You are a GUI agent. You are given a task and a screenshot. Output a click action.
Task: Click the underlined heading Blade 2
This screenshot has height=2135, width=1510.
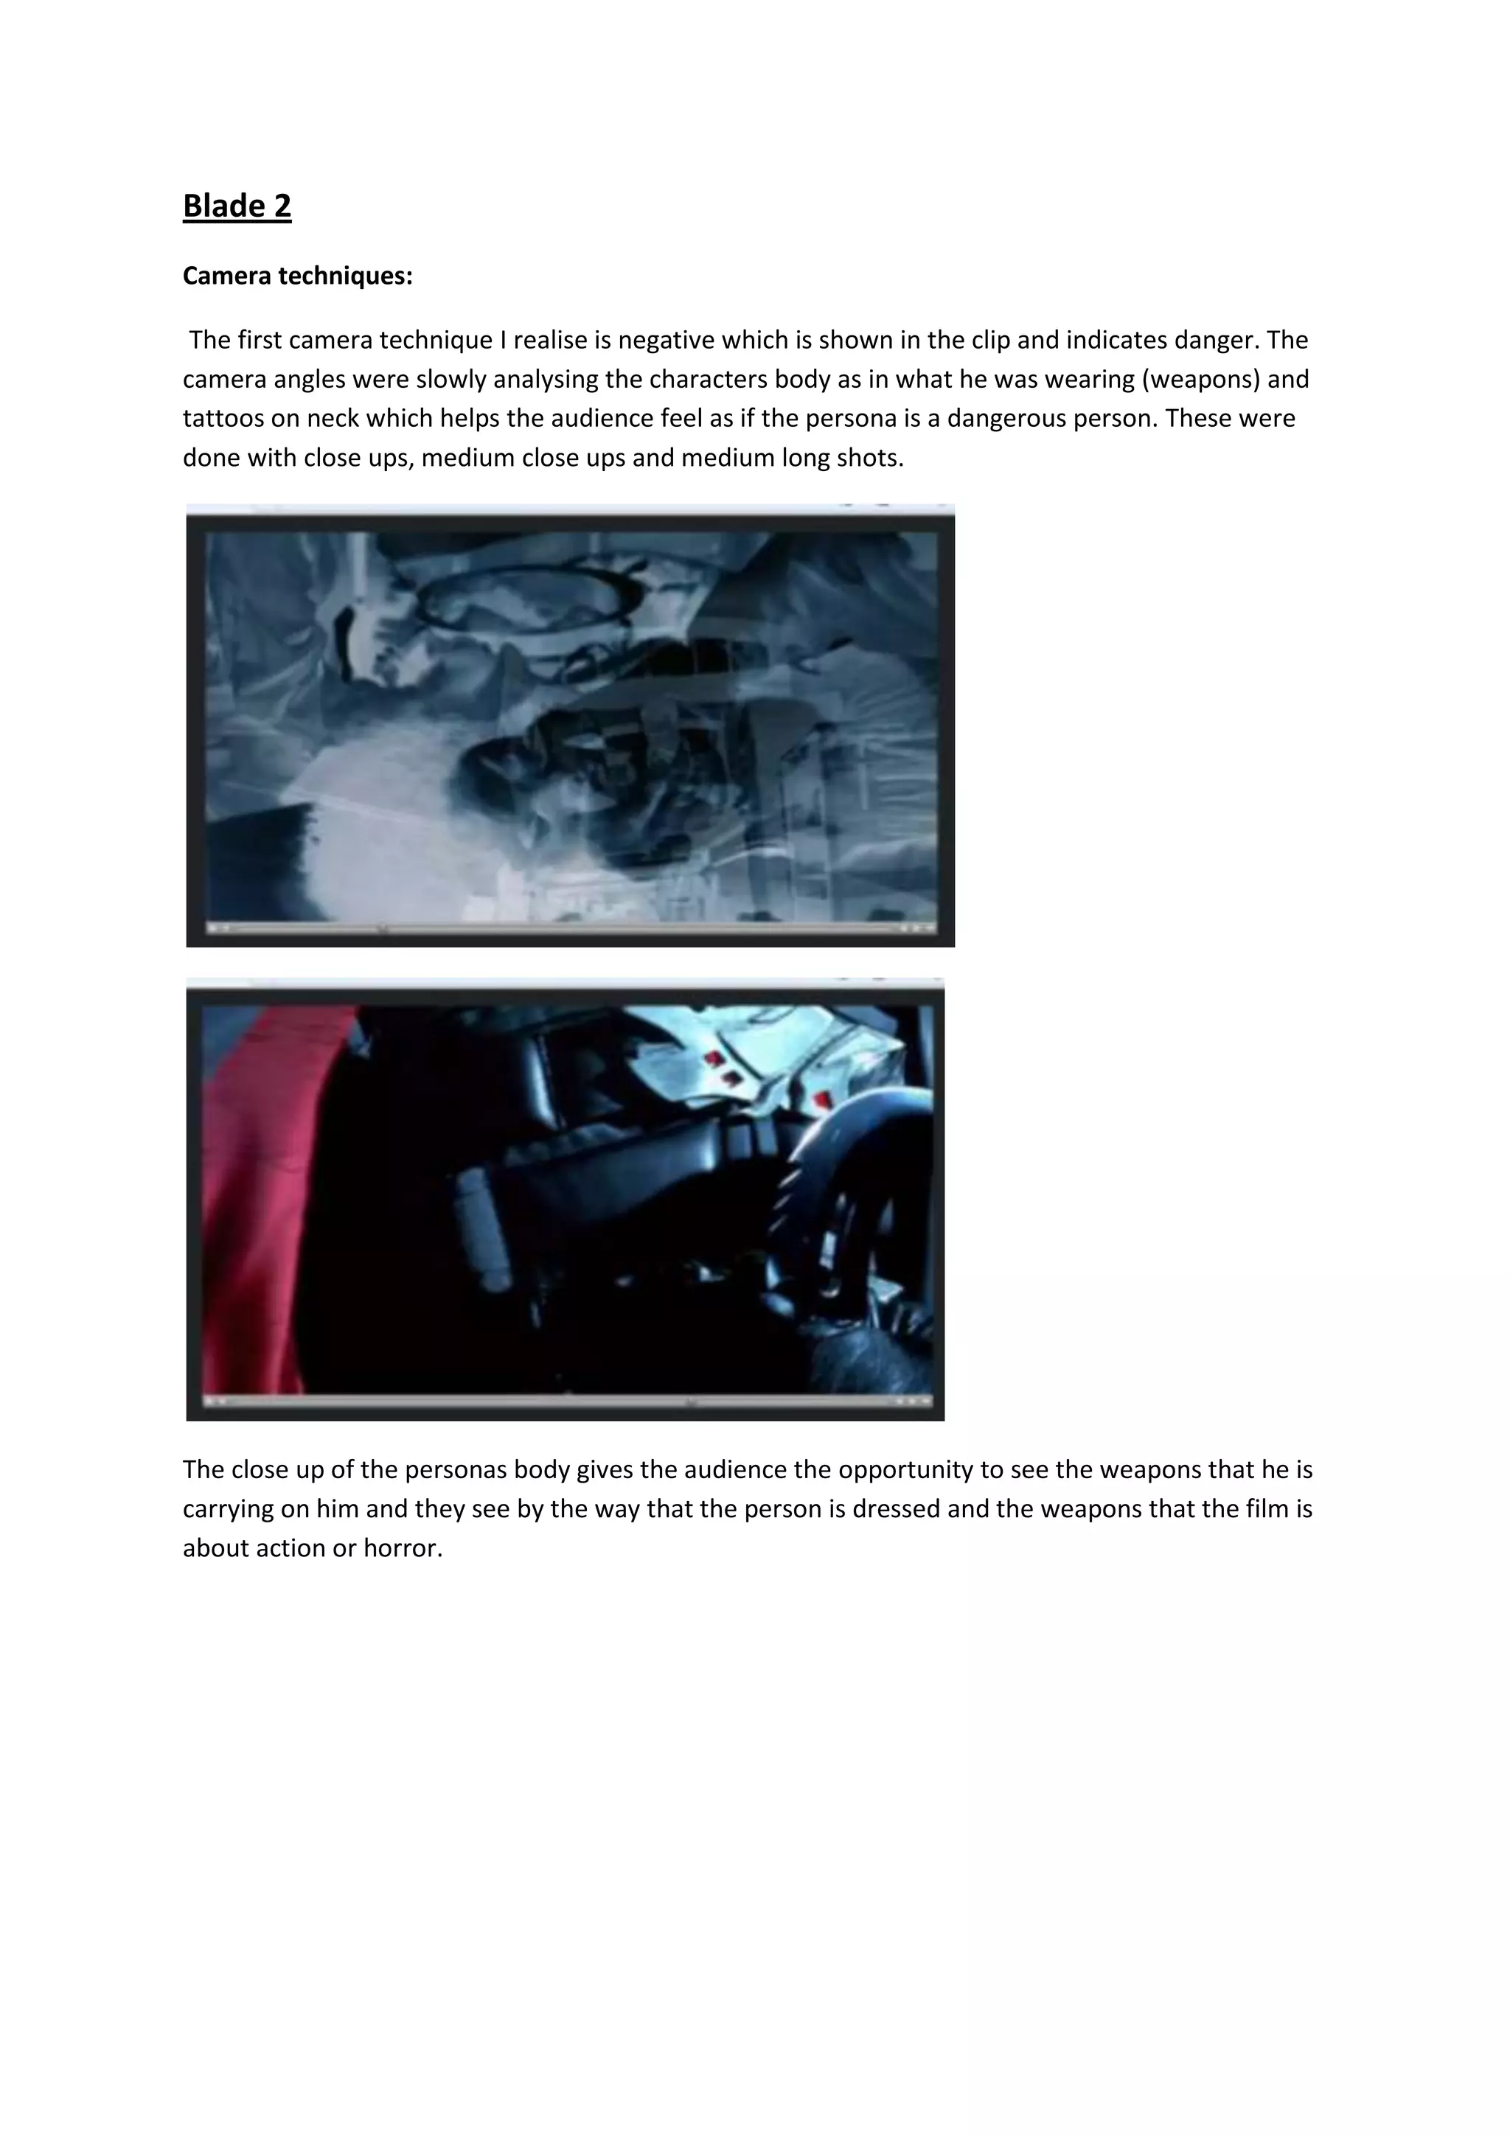coord(237,206)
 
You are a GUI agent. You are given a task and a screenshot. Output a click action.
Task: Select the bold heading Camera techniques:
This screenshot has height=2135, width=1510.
coord(298,276)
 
